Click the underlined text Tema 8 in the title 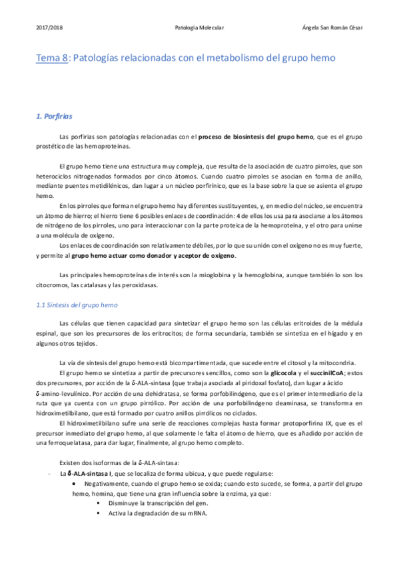[x=52, y=59]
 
